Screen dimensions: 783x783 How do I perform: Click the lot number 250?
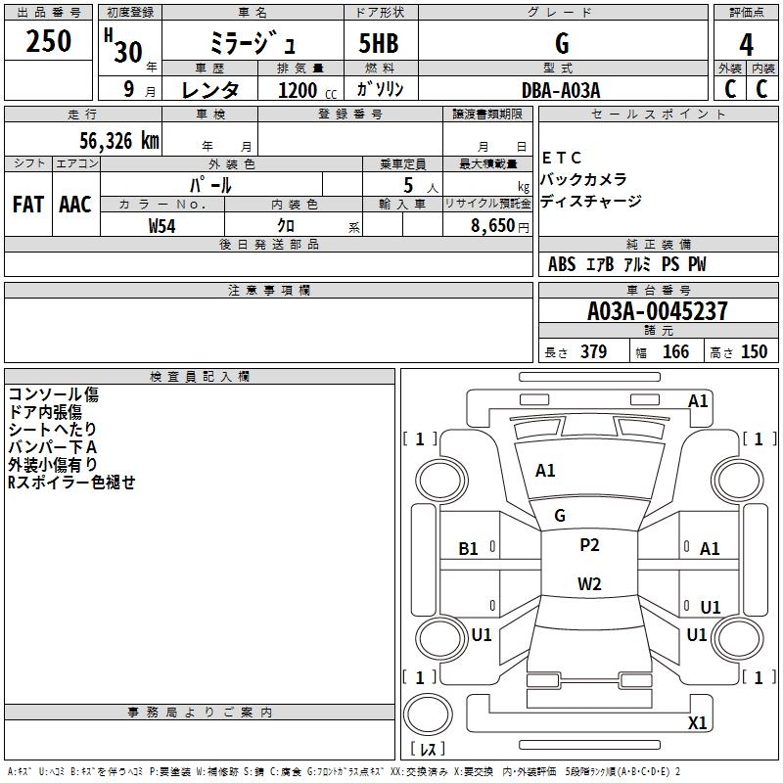click(48, 41)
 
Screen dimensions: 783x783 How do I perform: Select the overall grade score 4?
click(746, 45)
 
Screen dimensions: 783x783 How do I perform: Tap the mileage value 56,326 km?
click(119, 141)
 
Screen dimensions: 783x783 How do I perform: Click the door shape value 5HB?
click(379, 43)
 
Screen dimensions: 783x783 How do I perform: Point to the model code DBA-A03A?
click(561, 90)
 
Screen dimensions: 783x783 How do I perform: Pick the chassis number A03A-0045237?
click(657, 311)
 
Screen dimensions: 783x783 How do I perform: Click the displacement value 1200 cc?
click(307, 90)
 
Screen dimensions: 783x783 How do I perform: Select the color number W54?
click(161, 226)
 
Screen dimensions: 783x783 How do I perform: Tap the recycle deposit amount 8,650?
click(493, 226)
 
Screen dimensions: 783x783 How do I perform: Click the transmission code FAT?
click(28, 205)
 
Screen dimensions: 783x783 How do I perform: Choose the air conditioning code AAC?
click(75, 205)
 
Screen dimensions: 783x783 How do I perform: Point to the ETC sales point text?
click(561, 158)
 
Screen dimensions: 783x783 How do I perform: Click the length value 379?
click(593, 351)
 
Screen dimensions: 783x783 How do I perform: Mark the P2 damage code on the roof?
click(589, 545)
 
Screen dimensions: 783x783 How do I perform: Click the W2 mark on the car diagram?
click(589, 583)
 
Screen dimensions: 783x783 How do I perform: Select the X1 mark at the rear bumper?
click(697, 722)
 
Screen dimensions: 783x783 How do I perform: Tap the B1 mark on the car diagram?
click(468, 549)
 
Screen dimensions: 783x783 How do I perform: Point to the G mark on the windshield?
click(560, 516)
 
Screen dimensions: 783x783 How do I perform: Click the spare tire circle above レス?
click(428, 714)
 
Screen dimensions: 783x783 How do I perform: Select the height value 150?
click(754, 351)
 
